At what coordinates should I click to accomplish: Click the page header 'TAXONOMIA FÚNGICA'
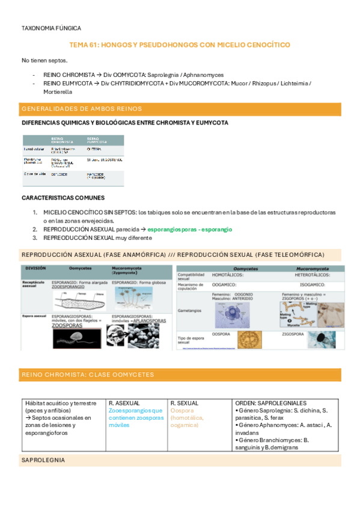[x=51, y=28]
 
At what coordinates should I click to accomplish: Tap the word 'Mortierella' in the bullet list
[x=58, y=91]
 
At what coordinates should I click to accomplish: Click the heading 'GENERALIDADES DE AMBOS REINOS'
[x=81, y=109]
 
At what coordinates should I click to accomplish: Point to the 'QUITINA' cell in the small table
[x=94, y=148]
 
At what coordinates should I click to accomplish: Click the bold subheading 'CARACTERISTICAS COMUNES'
[x=63, y=197]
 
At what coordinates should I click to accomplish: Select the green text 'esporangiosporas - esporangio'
[x=190, y=229]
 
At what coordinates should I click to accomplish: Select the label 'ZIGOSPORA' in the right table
[x=294, y=333]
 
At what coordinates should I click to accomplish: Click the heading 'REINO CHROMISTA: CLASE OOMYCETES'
[x=87, y=374]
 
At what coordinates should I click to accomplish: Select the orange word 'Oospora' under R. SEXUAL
[x=180, y=410]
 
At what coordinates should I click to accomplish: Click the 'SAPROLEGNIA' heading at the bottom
[x=43, y=460]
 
